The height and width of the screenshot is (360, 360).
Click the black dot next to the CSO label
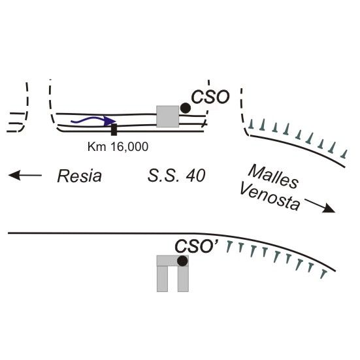coord(186,108)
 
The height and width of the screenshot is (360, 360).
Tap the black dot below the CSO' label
coord(182,261)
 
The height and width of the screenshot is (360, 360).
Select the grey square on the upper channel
coord(168,116)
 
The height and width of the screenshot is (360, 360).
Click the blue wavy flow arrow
coord(93,120)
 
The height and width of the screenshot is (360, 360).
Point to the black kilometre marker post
coord(114,130)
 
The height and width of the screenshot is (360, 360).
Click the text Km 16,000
coord(118,147)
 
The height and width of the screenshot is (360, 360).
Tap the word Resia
coord(80,176)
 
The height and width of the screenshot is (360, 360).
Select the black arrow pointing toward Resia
coord(25,175)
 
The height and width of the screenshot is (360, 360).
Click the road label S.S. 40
coord(176,176)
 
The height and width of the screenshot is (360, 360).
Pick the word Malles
coord(273,176)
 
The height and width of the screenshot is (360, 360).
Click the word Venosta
coord(270,197)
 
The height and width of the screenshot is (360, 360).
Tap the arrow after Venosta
coord(320,206)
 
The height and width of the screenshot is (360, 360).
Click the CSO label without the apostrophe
coord(210,97)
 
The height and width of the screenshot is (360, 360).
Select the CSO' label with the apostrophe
coord(196,246)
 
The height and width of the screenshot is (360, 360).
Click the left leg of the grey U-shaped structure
coord(162,279)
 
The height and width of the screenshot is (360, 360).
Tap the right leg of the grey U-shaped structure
coord(183,279)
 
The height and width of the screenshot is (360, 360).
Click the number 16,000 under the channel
coord(129,147)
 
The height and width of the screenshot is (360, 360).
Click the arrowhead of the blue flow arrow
coord(110,121)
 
